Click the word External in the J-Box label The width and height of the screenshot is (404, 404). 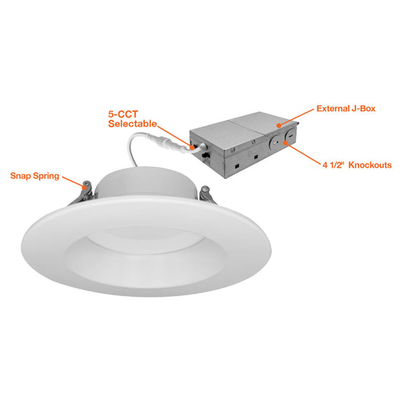coord(331,108)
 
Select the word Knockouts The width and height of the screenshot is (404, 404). coord(370,165)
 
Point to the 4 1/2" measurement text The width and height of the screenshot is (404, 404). coord(334,165)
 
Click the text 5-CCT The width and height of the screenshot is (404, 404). coord(123,114)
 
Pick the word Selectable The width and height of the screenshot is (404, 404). coord(133,124)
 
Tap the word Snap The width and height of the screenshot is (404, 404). coord(20,176)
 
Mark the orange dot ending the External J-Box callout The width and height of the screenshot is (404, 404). coord(279,126)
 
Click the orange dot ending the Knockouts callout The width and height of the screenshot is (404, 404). coord(286,142)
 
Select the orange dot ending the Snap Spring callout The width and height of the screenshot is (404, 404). coord(84,187)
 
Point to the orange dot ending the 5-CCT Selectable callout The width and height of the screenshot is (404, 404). coord(193,147)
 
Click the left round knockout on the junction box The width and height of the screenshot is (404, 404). coord(274,142)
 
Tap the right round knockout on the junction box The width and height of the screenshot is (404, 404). coord(290,136)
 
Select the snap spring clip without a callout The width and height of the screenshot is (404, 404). coord(207,195)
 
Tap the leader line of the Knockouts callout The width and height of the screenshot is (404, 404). coord(303,154)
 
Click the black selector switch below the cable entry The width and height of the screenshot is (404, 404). coord(205,155)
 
